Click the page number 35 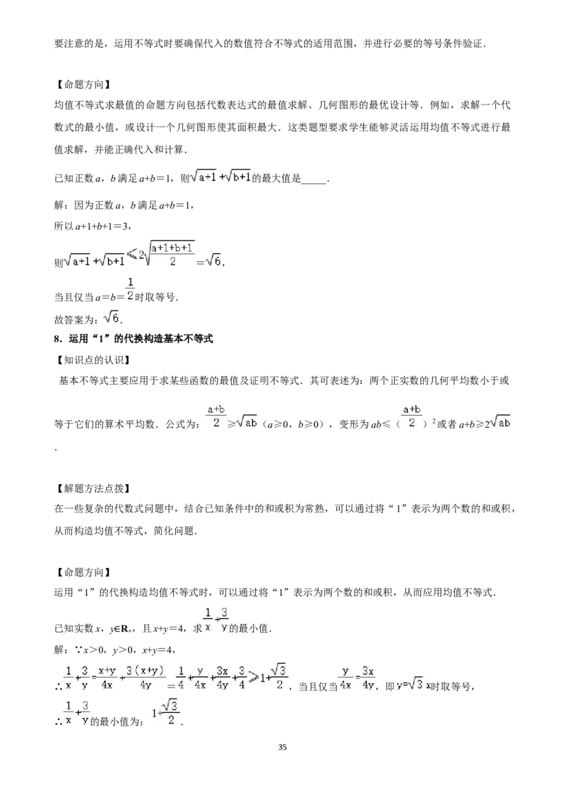(x=282, y=747)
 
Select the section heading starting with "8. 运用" (x=133, y=339)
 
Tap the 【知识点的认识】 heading (x=92, y=360)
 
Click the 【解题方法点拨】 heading (x=92, y=488)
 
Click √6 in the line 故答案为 (x=112, y=318)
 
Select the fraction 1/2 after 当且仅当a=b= (x=131, y=288)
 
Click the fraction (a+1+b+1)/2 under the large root (x=172, y=254)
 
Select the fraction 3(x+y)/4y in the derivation (x=145, y=678)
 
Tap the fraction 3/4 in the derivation (x=242, y=678)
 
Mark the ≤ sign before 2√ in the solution (x=131, y=254)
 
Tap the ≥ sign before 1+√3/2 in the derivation (x=254, y=679)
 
